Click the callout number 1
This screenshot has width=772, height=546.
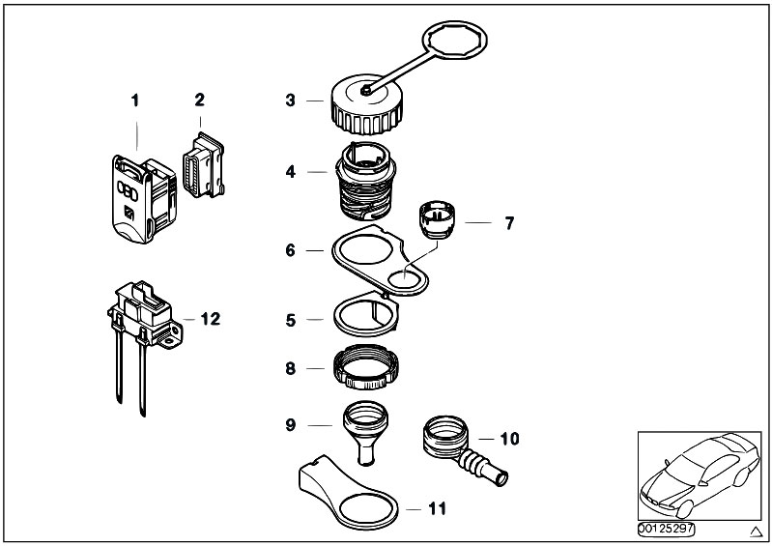coord(136,100)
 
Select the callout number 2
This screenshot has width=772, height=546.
coord(199,100)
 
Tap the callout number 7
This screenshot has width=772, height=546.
coord(509,224)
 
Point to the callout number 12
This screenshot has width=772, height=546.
coord(211,318)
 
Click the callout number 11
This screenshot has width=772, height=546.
coord(437,506)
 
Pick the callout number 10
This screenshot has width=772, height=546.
coord(509,439)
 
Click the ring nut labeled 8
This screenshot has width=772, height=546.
coord(368,367)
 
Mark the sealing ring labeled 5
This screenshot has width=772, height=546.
coord(367,315)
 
